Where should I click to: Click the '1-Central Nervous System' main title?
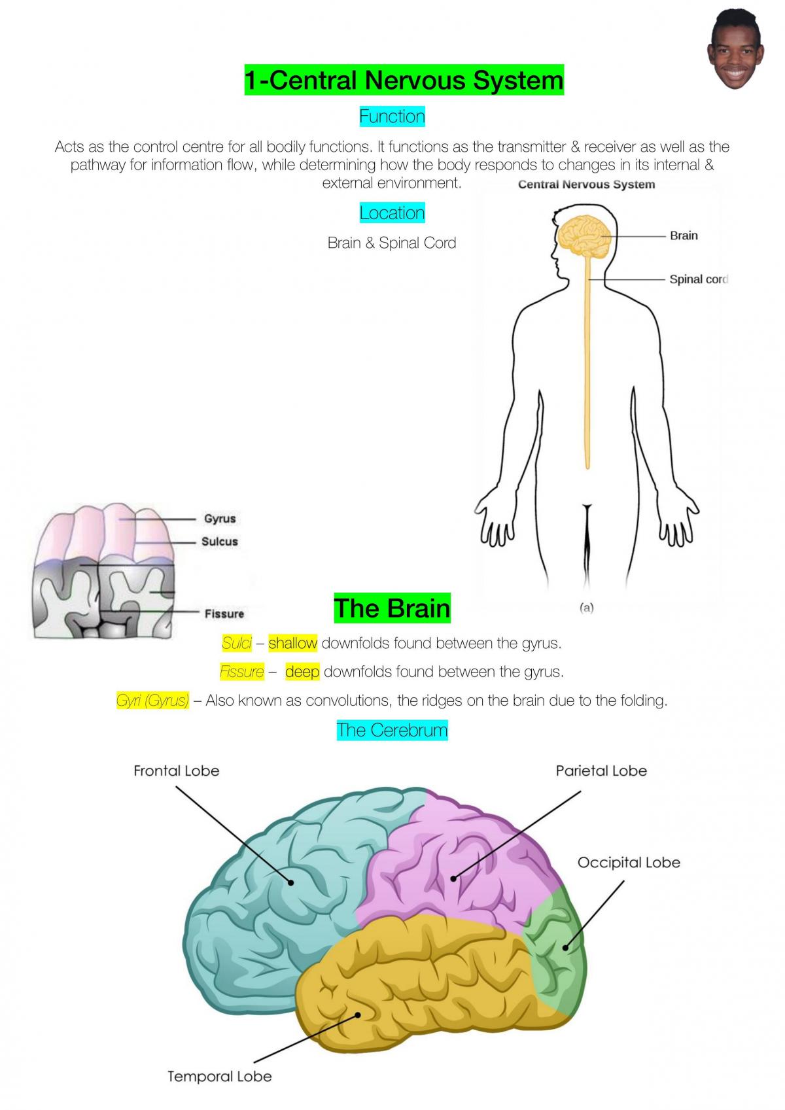click(404, 80)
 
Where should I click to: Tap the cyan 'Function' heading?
click(392, 116)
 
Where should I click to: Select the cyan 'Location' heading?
click(392, 213)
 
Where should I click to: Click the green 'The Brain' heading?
click(392, 608)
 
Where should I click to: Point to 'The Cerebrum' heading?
click(392, 730)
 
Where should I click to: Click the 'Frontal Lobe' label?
click(177, 771)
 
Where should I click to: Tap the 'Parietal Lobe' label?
click(601, 771)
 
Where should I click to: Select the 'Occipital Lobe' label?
click(629, 863)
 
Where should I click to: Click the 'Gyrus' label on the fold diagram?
click(220, 519)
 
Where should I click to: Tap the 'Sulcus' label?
click(220, 542)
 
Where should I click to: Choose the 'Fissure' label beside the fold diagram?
click(224, 614)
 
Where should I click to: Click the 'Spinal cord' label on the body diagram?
click(698, 279)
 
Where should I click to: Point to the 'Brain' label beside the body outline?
click(684, 235)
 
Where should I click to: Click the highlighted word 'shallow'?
click(293, 643)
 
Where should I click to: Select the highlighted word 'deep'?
click(302, 672)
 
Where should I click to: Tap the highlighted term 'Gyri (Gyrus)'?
click(152, 701)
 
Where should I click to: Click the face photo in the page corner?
click(735, 49)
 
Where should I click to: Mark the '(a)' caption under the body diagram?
click(587, 608)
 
